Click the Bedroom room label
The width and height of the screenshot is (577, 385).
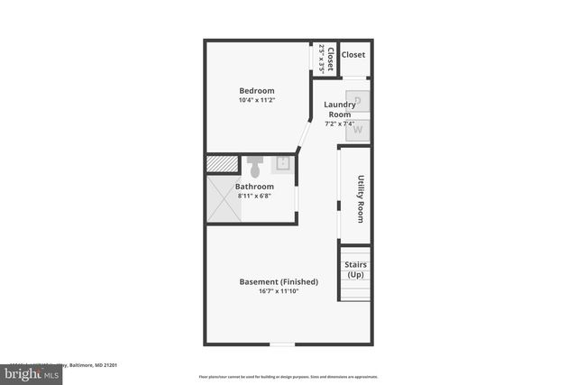pyautogui.click(x=257, y=90)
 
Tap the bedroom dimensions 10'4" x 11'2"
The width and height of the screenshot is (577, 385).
pyautogui.click(x=257, y=101)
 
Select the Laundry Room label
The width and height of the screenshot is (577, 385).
pyautogui.click(x=339, y=109)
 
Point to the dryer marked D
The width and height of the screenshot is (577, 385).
pyautogui.click(x=358, y=102)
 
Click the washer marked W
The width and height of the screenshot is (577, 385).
pyautogui.click(x=358, y=130)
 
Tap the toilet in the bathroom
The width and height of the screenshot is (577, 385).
pyautogui.click(x=254, y=167)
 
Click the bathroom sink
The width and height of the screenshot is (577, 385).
pyautogui.click(x=283, y=163)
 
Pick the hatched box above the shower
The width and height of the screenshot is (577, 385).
pyautogui.click(x=221, y=164)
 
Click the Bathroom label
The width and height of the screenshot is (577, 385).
pyautogui.click(x=254, y=187)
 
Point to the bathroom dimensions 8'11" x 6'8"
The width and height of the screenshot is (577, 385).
pyautogui.click(x=254, y=197)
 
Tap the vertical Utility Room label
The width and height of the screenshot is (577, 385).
pyautogui.click(x=360, y=198)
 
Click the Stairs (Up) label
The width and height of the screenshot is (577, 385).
pyautogui.click(x=354, y=270)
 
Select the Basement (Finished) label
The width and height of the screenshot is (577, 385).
pyautogui.click(x=279, y=282)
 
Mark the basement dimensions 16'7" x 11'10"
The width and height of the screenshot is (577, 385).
pyautogui.click(x=279, y=292)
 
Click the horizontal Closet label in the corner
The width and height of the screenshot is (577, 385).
pyautogui.click(x=353, y=55)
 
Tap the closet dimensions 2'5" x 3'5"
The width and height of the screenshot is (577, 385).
pyautogui.click(x=321, y=59)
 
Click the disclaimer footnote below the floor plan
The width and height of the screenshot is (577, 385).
pyautogui.click(x=288, y=377)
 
